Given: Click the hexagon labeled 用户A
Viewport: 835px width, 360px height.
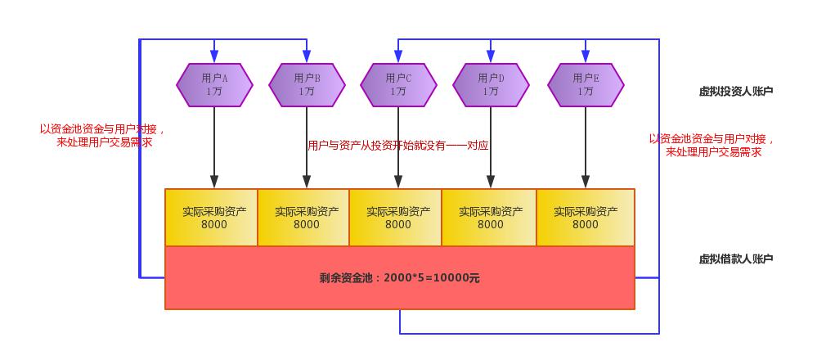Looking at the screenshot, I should [214, 84].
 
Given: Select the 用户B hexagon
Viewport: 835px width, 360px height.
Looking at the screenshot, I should [307, 84].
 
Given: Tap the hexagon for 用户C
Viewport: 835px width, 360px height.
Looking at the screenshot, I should [398, 84].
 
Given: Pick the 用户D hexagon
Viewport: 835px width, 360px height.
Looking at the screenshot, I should [491, 84].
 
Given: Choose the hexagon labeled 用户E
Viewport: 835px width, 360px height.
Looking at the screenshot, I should [586, 84].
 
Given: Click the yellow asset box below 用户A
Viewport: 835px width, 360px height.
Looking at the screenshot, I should [211, 218].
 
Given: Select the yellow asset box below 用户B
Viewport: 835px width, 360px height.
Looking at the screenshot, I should [303, 218].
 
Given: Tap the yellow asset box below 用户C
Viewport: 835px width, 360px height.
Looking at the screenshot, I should [395, 218].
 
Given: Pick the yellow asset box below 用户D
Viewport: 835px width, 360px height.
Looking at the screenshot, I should [489, 218].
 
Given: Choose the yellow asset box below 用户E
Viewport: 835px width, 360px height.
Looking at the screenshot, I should [585, 218].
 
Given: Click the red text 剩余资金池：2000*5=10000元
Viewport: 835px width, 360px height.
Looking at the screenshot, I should [399, 278].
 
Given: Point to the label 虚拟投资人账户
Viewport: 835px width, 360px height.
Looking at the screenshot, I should [735, 92].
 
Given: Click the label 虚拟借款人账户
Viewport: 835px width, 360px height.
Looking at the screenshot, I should [735, 259].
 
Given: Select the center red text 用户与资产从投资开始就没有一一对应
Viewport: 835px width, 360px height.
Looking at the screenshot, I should [397, 146].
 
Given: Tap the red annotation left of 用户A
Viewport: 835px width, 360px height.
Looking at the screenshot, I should [103, 135].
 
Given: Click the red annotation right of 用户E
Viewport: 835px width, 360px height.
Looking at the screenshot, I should [712, 145].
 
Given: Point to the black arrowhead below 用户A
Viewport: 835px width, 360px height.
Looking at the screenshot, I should [214, 182].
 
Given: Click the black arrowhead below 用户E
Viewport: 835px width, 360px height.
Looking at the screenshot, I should [586, 182].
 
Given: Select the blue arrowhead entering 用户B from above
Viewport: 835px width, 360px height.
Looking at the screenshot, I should [307, 56].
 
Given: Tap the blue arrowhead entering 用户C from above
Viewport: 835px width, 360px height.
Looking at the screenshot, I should [398, 56].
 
